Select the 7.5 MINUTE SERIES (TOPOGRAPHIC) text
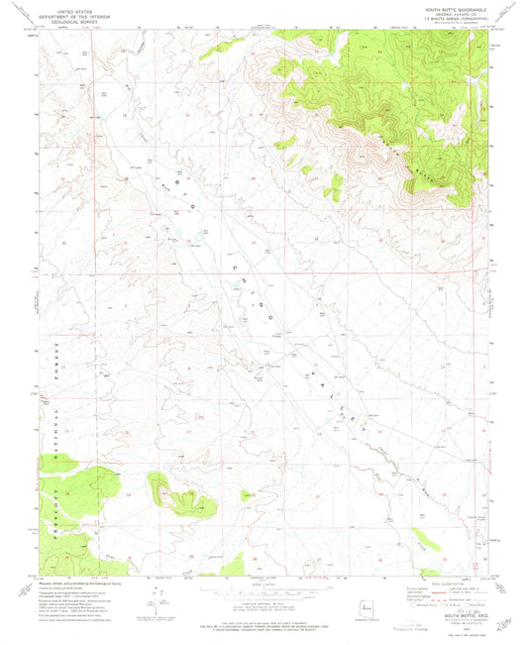tap(452, 22)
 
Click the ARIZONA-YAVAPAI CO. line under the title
tap(452, 17)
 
